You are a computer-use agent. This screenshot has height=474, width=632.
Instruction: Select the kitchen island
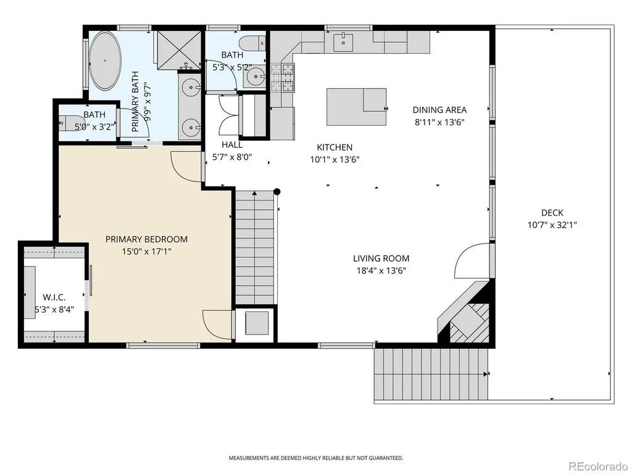(x=356, y=107)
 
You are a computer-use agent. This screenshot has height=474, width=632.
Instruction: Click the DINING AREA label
(x=439, y=110)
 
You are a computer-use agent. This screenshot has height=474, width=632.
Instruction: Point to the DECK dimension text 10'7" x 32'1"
(x=552, y=225)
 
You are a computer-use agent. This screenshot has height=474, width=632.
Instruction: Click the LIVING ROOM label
(x=381, y=259)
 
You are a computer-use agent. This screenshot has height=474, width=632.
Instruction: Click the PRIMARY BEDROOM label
(x=146, y=239)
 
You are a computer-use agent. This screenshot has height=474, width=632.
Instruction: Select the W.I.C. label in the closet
(x=54, y=297)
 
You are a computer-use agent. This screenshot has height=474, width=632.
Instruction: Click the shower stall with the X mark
(x=179, y=50)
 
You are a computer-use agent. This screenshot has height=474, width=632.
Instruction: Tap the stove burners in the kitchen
(x=283, y=78)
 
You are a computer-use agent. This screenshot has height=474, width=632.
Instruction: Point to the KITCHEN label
(x=335, y=147)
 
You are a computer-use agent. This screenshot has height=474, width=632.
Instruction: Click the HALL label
(x=232, y=144)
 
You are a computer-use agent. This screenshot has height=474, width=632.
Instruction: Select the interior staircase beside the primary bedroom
(x=255, y=248)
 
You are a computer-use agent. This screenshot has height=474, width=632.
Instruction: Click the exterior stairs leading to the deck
(x=431, y=373)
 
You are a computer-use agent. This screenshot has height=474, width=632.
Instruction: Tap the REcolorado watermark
(x=598, y=466)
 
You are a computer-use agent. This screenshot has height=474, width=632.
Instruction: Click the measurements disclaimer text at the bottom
(x=316, y=458)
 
